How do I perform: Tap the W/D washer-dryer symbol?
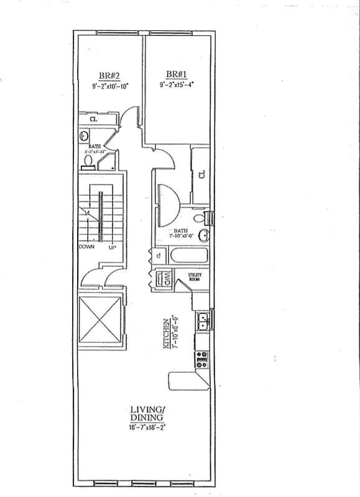pyautogui.click(x=165, y=280)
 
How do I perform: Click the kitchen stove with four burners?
pyautogui.click(x=201, y=358)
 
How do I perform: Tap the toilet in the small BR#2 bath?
pyautogui.click(x=88, y=161)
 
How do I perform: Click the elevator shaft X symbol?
pyautogui.click(x=99, y=320)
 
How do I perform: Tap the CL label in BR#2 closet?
pyautogui.click(x=93, y=119)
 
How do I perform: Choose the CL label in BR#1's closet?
pyautogui.click(x=202, y=175)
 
